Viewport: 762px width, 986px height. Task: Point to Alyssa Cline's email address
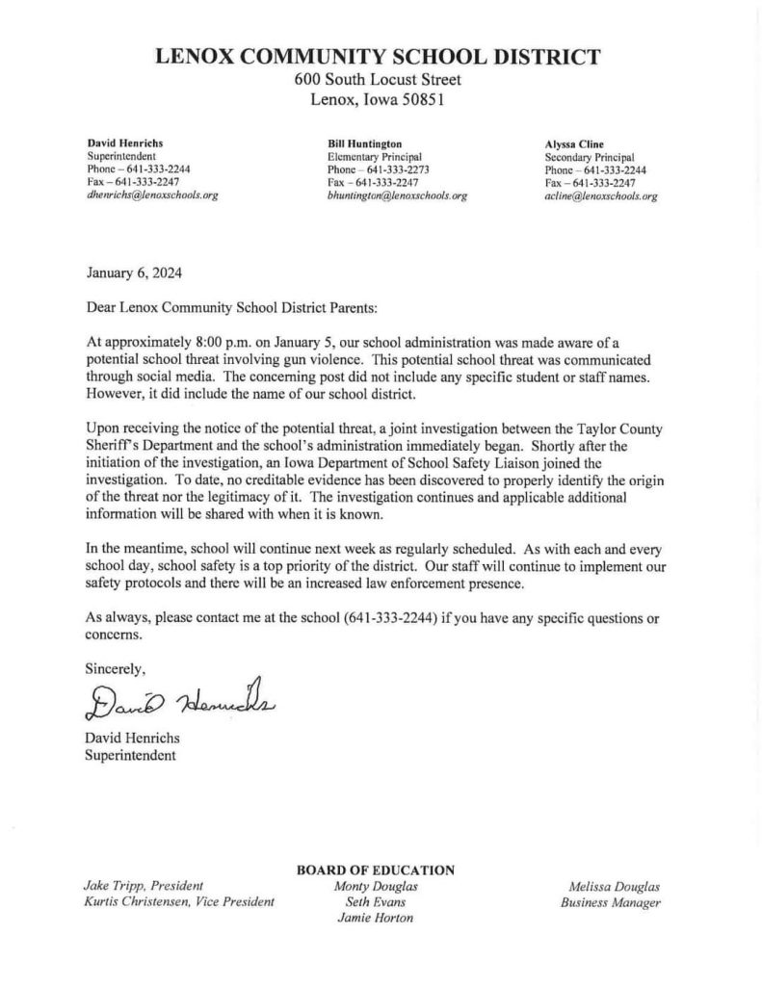coord(600,195)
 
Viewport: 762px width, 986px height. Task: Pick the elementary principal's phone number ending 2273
coord(378,169)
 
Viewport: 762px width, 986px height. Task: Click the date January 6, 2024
coord(132,273)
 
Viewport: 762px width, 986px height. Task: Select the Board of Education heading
coord(377,870)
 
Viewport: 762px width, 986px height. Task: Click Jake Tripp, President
coord(138,886)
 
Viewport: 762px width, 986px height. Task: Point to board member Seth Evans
coord(376,902)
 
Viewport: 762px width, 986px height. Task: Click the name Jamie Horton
coord(376,919)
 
